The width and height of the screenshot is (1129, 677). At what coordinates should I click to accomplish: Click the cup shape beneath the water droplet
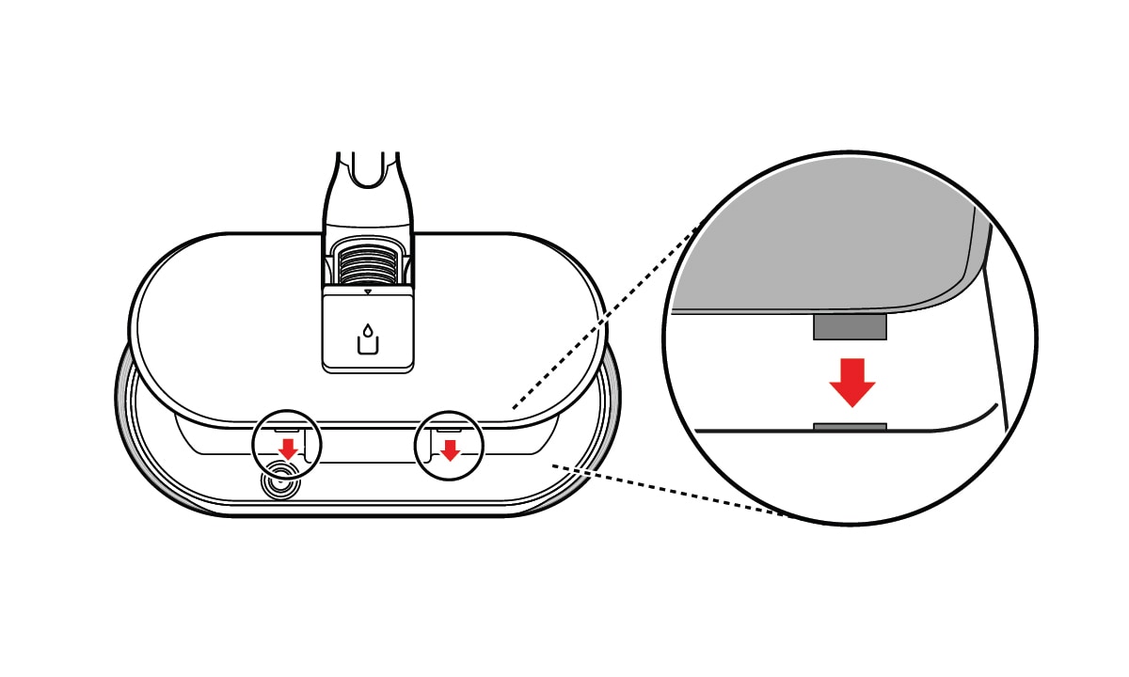pyautogui.click(x=367, y=345)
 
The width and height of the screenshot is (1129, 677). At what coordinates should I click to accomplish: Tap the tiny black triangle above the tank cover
pyautogui.click(x=368, y=291)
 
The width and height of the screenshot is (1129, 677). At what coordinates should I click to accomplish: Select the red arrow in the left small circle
pyautogui.click(x=288, y=449)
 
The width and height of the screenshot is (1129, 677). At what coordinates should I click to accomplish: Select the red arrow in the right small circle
pyautogui.click(x=450, y=449)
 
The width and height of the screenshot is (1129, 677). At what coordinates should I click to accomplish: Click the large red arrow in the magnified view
pyautogui.click(x=852, y=382)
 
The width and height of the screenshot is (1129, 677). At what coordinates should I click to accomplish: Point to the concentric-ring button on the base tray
pyautogui.click(x=279, y=482)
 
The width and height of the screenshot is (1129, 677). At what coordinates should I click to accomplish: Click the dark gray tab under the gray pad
pyautogui.click(x=850, y=326)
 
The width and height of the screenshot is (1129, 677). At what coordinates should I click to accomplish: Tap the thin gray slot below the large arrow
pyautogui.click(x=850, y=427)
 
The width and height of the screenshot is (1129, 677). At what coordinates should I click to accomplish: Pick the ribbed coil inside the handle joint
pyautogui.click(x=368, y=262)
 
